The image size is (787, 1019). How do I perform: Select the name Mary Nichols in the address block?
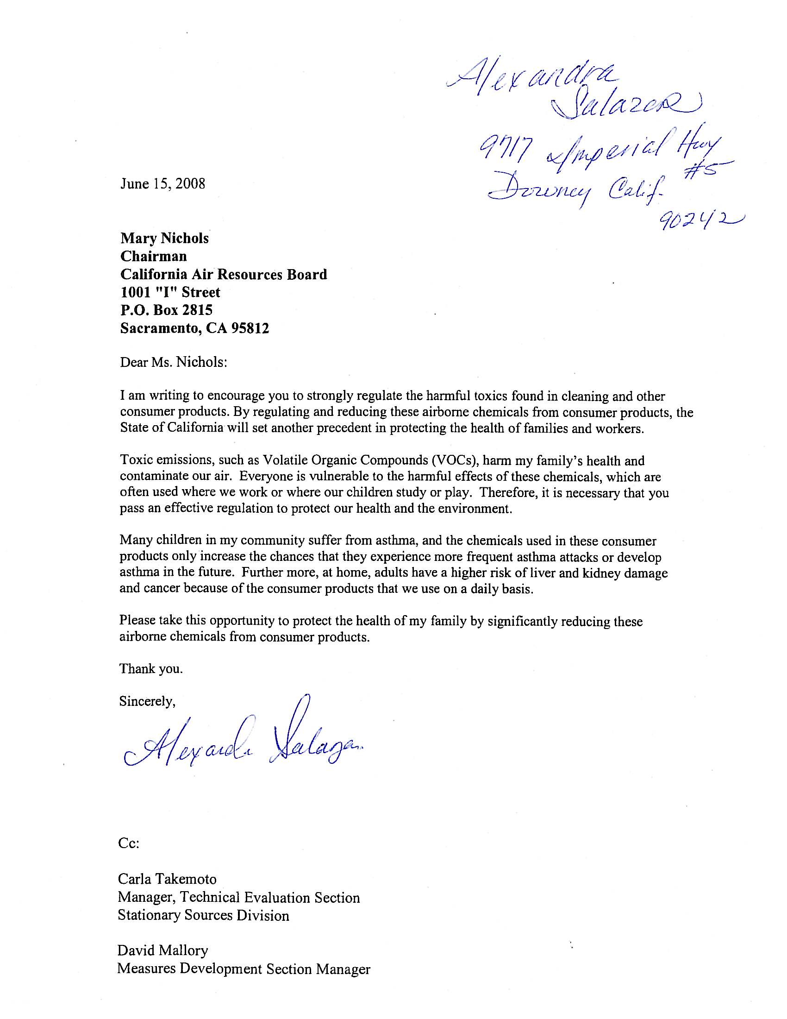(165, 239)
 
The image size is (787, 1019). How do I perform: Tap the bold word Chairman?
(153, 256)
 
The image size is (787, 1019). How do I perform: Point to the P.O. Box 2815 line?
(167, 310)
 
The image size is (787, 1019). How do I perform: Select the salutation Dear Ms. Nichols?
(174, 362)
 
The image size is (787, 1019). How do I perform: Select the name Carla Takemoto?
(167, 880)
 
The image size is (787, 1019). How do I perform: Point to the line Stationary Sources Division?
(203, 915)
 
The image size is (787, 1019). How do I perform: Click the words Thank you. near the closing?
(151, 669)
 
